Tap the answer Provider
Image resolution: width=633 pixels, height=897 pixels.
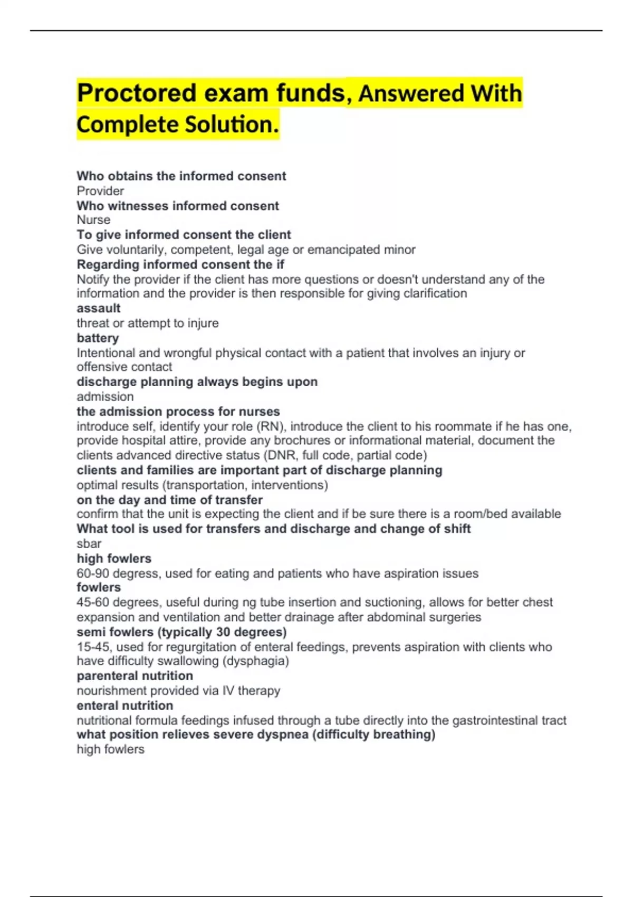point(100,191)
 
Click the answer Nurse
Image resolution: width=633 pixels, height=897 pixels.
point(93,220)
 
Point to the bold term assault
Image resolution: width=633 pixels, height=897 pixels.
point(99,308)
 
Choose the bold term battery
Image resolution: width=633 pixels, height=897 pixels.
point(98,338)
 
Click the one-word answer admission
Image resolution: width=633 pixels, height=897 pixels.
point(105,397)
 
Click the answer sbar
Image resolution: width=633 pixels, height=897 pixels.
point(89,544)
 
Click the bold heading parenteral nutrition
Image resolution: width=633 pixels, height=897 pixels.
point(135,676)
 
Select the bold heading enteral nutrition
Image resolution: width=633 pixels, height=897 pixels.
point(124,705)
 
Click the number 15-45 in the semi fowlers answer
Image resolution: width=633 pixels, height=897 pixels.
point(93,647)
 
